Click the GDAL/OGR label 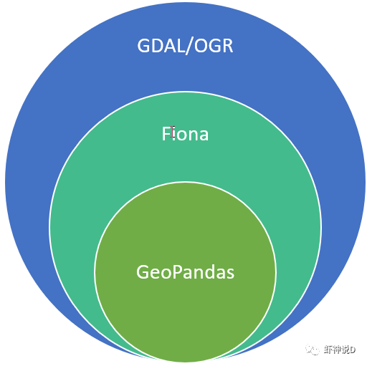click(185, 46)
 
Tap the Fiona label click(185, 134)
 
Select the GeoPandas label click(185, 272)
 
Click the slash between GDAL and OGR click(190, 47)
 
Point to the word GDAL click(161, 46)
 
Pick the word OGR click(214, 46)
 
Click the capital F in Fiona click(166, 134)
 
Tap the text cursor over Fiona click(173, 133)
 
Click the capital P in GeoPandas click(177, 271)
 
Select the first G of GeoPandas click(143, 272)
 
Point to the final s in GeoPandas click(230, 274)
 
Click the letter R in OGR click(228, 46)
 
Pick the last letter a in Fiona click(204, 135)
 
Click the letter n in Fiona click(193, 135)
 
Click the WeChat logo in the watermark click(313, 350)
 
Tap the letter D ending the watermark click(353, 350)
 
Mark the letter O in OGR click(201, 46)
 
